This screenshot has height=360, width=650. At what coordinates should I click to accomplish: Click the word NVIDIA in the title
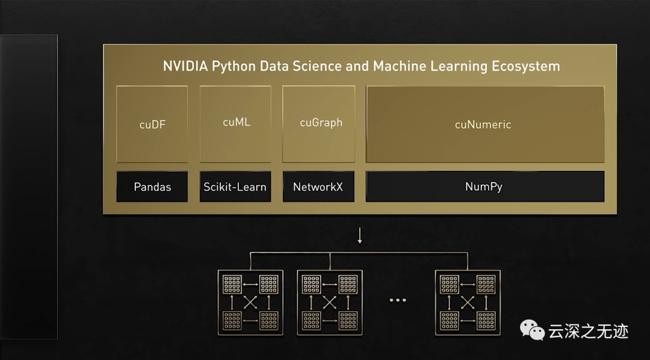pos(185,66)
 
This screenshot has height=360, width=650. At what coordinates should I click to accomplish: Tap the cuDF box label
pos(152,125)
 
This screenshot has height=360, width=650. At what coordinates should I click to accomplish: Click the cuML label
pos(236,122)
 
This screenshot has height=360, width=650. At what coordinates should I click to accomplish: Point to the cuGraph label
pos(321,122)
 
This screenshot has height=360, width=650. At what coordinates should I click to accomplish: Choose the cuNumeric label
pos(483,125)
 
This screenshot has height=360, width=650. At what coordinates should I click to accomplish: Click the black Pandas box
pos(152,187)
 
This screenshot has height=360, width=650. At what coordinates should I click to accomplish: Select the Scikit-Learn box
pos(235,187)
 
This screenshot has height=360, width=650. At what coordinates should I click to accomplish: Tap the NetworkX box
pos(318,187)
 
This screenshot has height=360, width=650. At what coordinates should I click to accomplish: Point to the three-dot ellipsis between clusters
pos(397,300)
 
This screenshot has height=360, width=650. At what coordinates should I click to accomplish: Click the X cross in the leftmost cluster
pos(250,302)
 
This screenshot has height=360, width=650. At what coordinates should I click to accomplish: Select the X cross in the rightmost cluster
pos(468,302)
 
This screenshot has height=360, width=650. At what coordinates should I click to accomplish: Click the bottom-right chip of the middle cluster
pos(348,320)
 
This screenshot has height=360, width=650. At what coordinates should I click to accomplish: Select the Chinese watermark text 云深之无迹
pos(588,331)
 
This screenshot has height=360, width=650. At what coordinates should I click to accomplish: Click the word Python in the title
pos(234,66)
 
